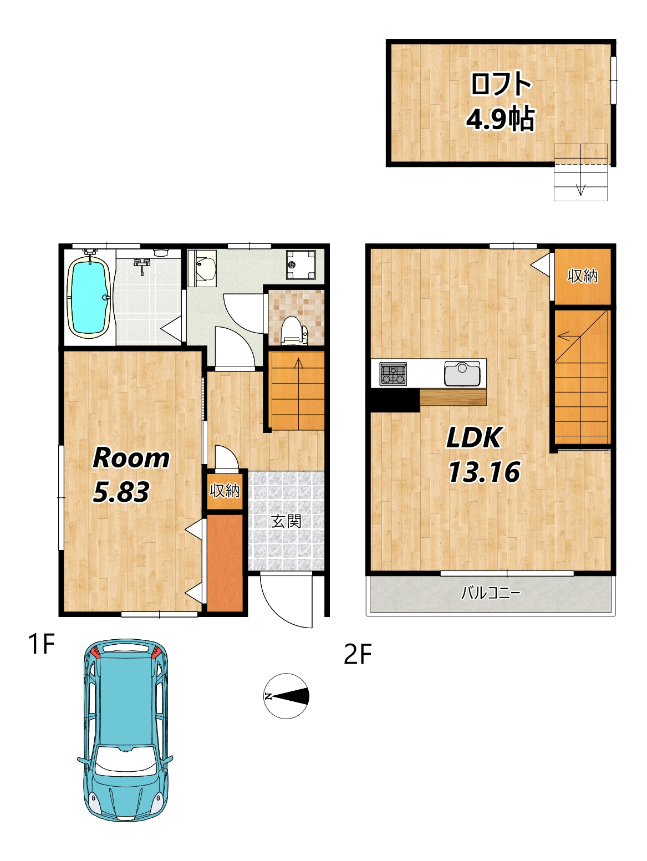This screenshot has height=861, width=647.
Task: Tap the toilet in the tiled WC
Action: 294,330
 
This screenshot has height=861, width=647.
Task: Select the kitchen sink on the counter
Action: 462,373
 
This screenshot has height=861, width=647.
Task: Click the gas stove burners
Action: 393,374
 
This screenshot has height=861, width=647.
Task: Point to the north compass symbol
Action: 286,696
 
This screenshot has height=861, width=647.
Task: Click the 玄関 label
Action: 287,521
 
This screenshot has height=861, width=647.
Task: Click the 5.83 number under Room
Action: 121,492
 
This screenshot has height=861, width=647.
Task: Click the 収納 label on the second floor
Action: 583,276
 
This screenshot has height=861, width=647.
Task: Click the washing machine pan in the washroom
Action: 300,264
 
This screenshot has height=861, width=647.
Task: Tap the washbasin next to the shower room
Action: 202,268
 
